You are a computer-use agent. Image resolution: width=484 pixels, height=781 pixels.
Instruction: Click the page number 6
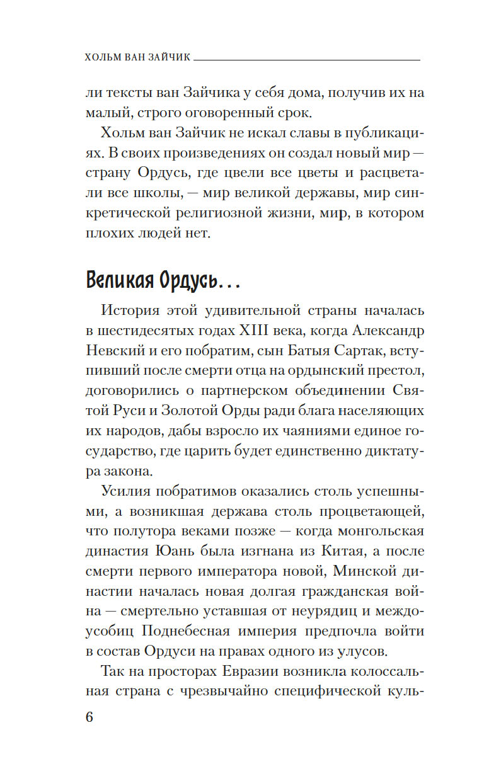click(89, 718)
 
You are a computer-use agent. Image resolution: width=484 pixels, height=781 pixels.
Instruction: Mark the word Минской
click(358, 571)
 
